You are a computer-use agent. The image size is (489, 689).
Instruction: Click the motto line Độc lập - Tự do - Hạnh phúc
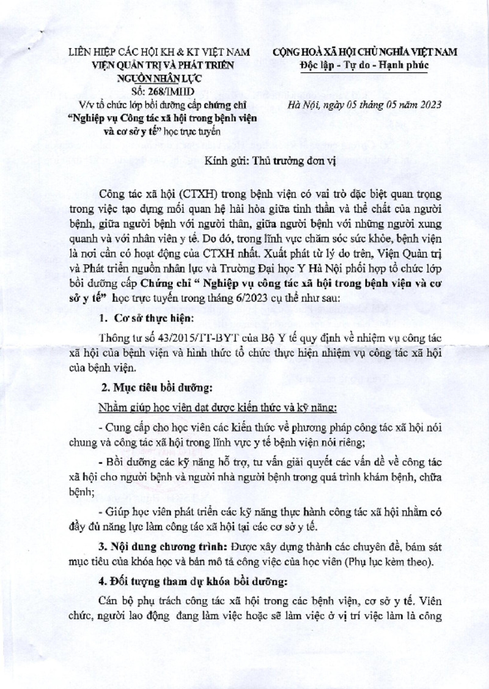click(365, 64)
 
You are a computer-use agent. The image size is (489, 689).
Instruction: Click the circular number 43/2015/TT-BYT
click(183, 340)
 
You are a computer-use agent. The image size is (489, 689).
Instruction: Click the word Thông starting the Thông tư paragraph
click(115, 340)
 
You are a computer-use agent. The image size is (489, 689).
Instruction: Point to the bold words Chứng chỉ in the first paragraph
click(164, 284)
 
